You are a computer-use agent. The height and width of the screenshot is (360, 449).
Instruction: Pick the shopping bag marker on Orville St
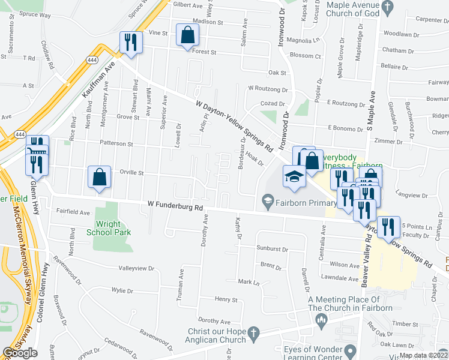click(99, 178)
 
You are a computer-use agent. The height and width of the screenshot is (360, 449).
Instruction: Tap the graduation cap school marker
click(294, 176)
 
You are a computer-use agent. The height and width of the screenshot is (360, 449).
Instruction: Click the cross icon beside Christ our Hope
click(254, 332)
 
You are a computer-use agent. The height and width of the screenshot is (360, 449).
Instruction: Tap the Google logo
click(20, 353)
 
